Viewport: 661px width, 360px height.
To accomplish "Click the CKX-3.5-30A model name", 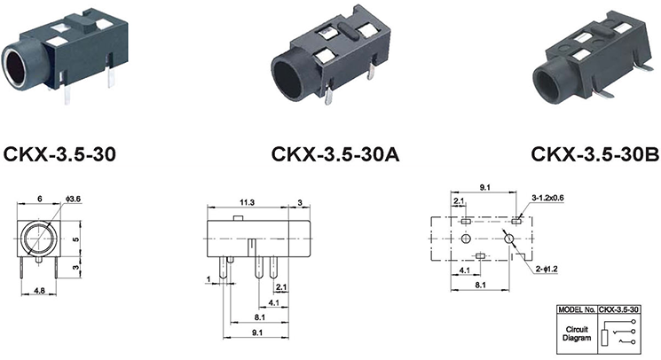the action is coord(334,154).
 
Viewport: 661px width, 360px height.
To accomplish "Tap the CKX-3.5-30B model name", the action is coord(594,153).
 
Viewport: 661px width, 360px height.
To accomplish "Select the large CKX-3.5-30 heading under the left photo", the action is coord(59,154).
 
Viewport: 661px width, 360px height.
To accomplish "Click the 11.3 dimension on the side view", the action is coord(247,202).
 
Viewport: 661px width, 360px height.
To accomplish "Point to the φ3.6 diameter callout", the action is coord(73,199).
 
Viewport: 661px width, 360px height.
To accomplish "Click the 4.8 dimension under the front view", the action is coord(39,291).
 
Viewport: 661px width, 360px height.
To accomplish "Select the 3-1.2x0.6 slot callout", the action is coord(547,198).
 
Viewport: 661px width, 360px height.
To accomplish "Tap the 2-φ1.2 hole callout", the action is coord(547,269).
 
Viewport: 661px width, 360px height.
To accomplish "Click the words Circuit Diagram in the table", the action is coord(577,333).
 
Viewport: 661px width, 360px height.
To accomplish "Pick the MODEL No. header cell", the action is coord(577,309).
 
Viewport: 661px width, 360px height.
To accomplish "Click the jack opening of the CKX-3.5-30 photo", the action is coord(16,67).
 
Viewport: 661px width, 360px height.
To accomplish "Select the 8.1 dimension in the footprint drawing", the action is coord(481,285).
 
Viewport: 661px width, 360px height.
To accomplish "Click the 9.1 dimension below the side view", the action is coord(257,333).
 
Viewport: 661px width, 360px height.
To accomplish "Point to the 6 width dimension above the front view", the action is coord(40,199).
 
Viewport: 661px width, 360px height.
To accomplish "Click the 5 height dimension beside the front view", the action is coord(76,239).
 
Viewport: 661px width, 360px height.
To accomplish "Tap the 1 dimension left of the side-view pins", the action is coord(209,279).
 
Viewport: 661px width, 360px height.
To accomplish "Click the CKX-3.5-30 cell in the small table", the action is coord(618,309).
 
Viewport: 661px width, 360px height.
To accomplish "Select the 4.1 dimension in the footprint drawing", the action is coord(465,270).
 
